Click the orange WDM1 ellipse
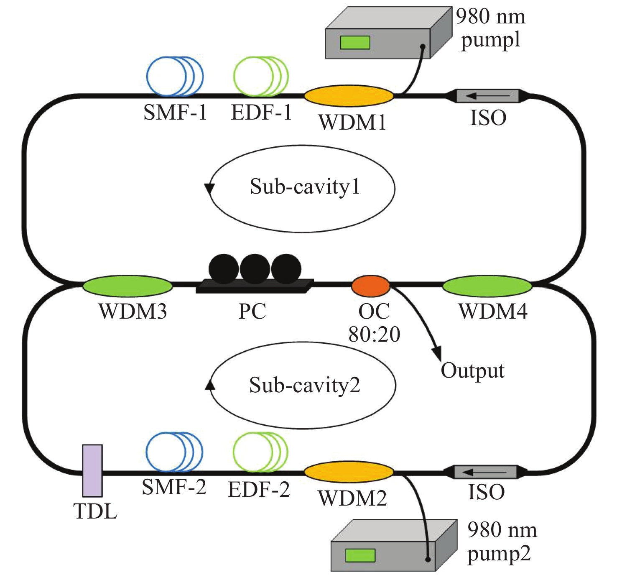point(349,95)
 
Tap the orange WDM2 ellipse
point(349,472)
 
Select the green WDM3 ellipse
point(127,286)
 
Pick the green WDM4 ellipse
point(487,286)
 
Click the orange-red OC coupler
point(371,286)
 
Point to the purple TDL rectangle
point(92,470)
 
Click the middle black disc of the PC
point(255,268)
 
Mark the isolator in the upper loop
point(487,96)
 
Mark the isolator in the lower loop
point(485,472)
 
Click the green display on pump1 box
point(355,42)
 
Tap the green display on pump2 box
point(360,555)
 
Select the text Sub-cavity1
point(305,187)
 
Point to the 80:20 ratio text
point(375,334)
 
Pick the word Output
point(473,371)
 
